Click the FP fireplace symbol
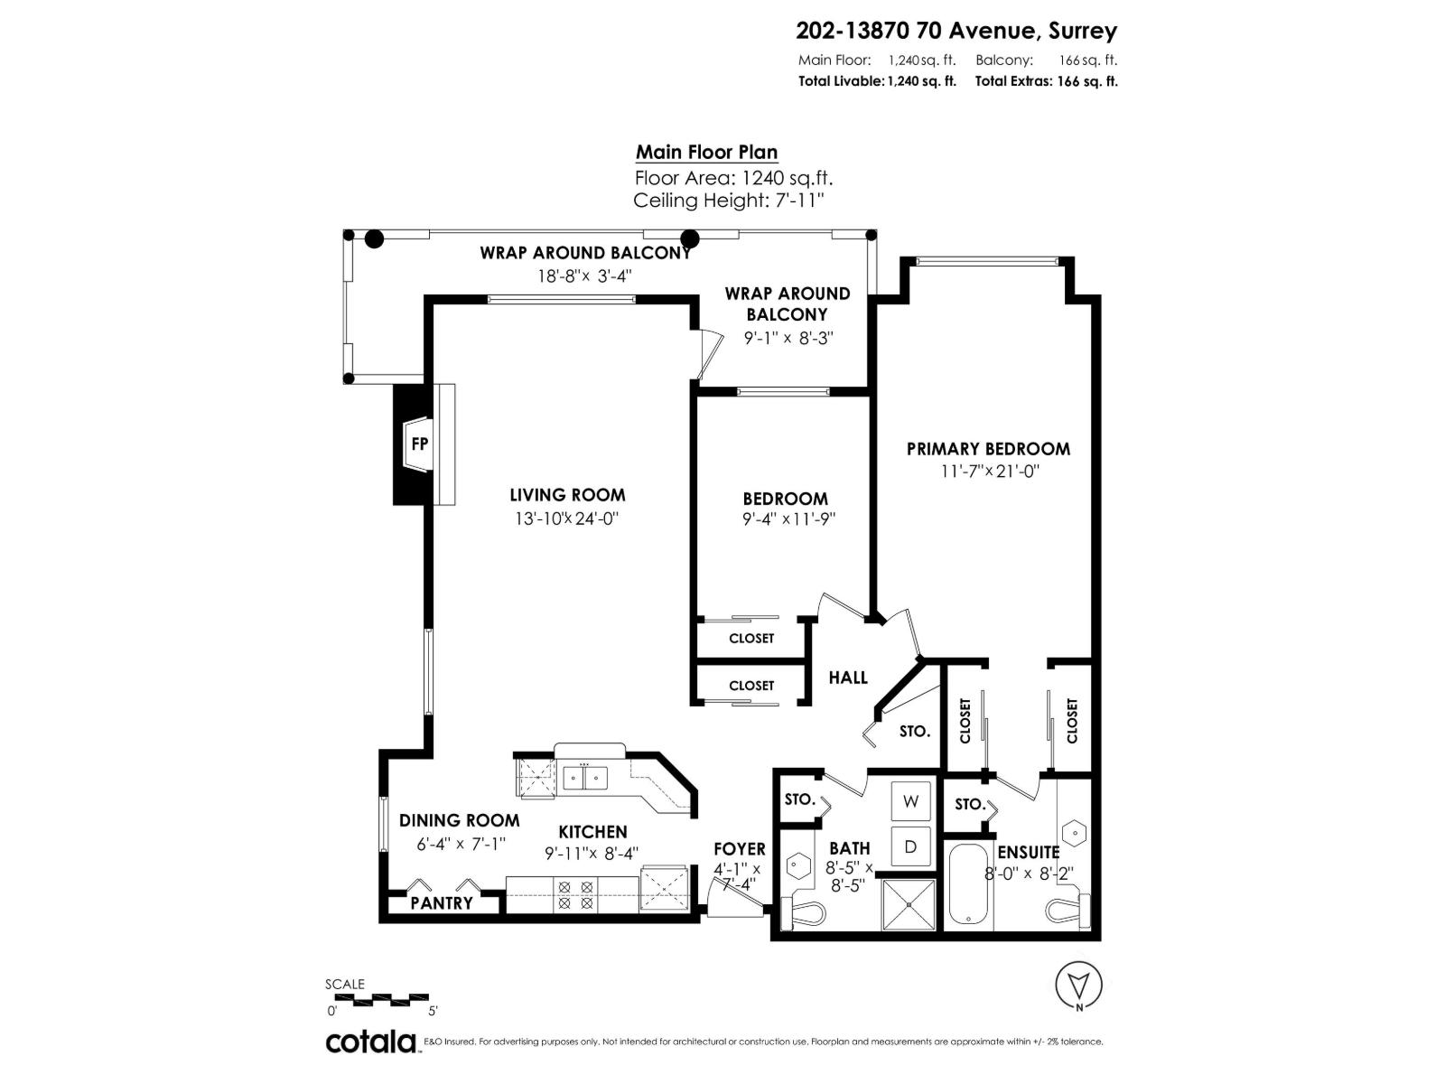[419, 444]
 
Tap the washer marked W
[910, 801]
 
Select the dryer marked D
[910, 846]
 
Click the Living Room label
[567, 495]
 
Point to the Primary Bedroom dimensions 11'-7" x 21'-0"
[989, 472]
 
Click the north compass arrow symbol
[1078, 985]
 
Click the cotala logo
[370, 1042]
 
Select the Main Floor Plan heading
[706, 153]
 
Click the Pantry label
[442, 902]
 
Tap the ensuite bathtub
[970, 886]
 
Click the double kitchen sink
[585, 777]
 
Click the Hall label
[848, 677]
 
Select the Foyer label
[739, 849]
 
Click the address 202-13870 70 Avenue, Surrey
[956, 31]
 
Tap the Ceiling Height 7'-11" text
[729, 201]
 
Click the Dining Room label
[459, 820]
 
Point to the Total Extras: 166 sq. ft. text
[1046, 81]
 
